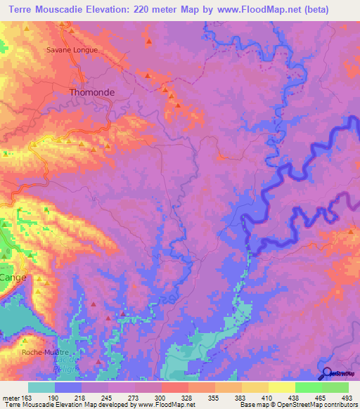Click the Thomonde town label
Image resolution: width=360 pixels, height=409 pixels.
coord(92,92)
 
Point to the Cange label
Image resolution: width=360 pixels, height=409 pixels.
coord(13,278)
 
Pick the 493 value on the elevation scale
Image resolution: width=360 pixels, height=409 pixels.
coord(347,398)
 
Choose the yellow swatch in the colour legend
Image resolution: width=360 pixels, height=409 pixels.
coord(282,387)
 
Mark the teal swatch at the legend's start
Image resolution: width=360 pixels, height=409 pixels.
coord(41,387)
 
